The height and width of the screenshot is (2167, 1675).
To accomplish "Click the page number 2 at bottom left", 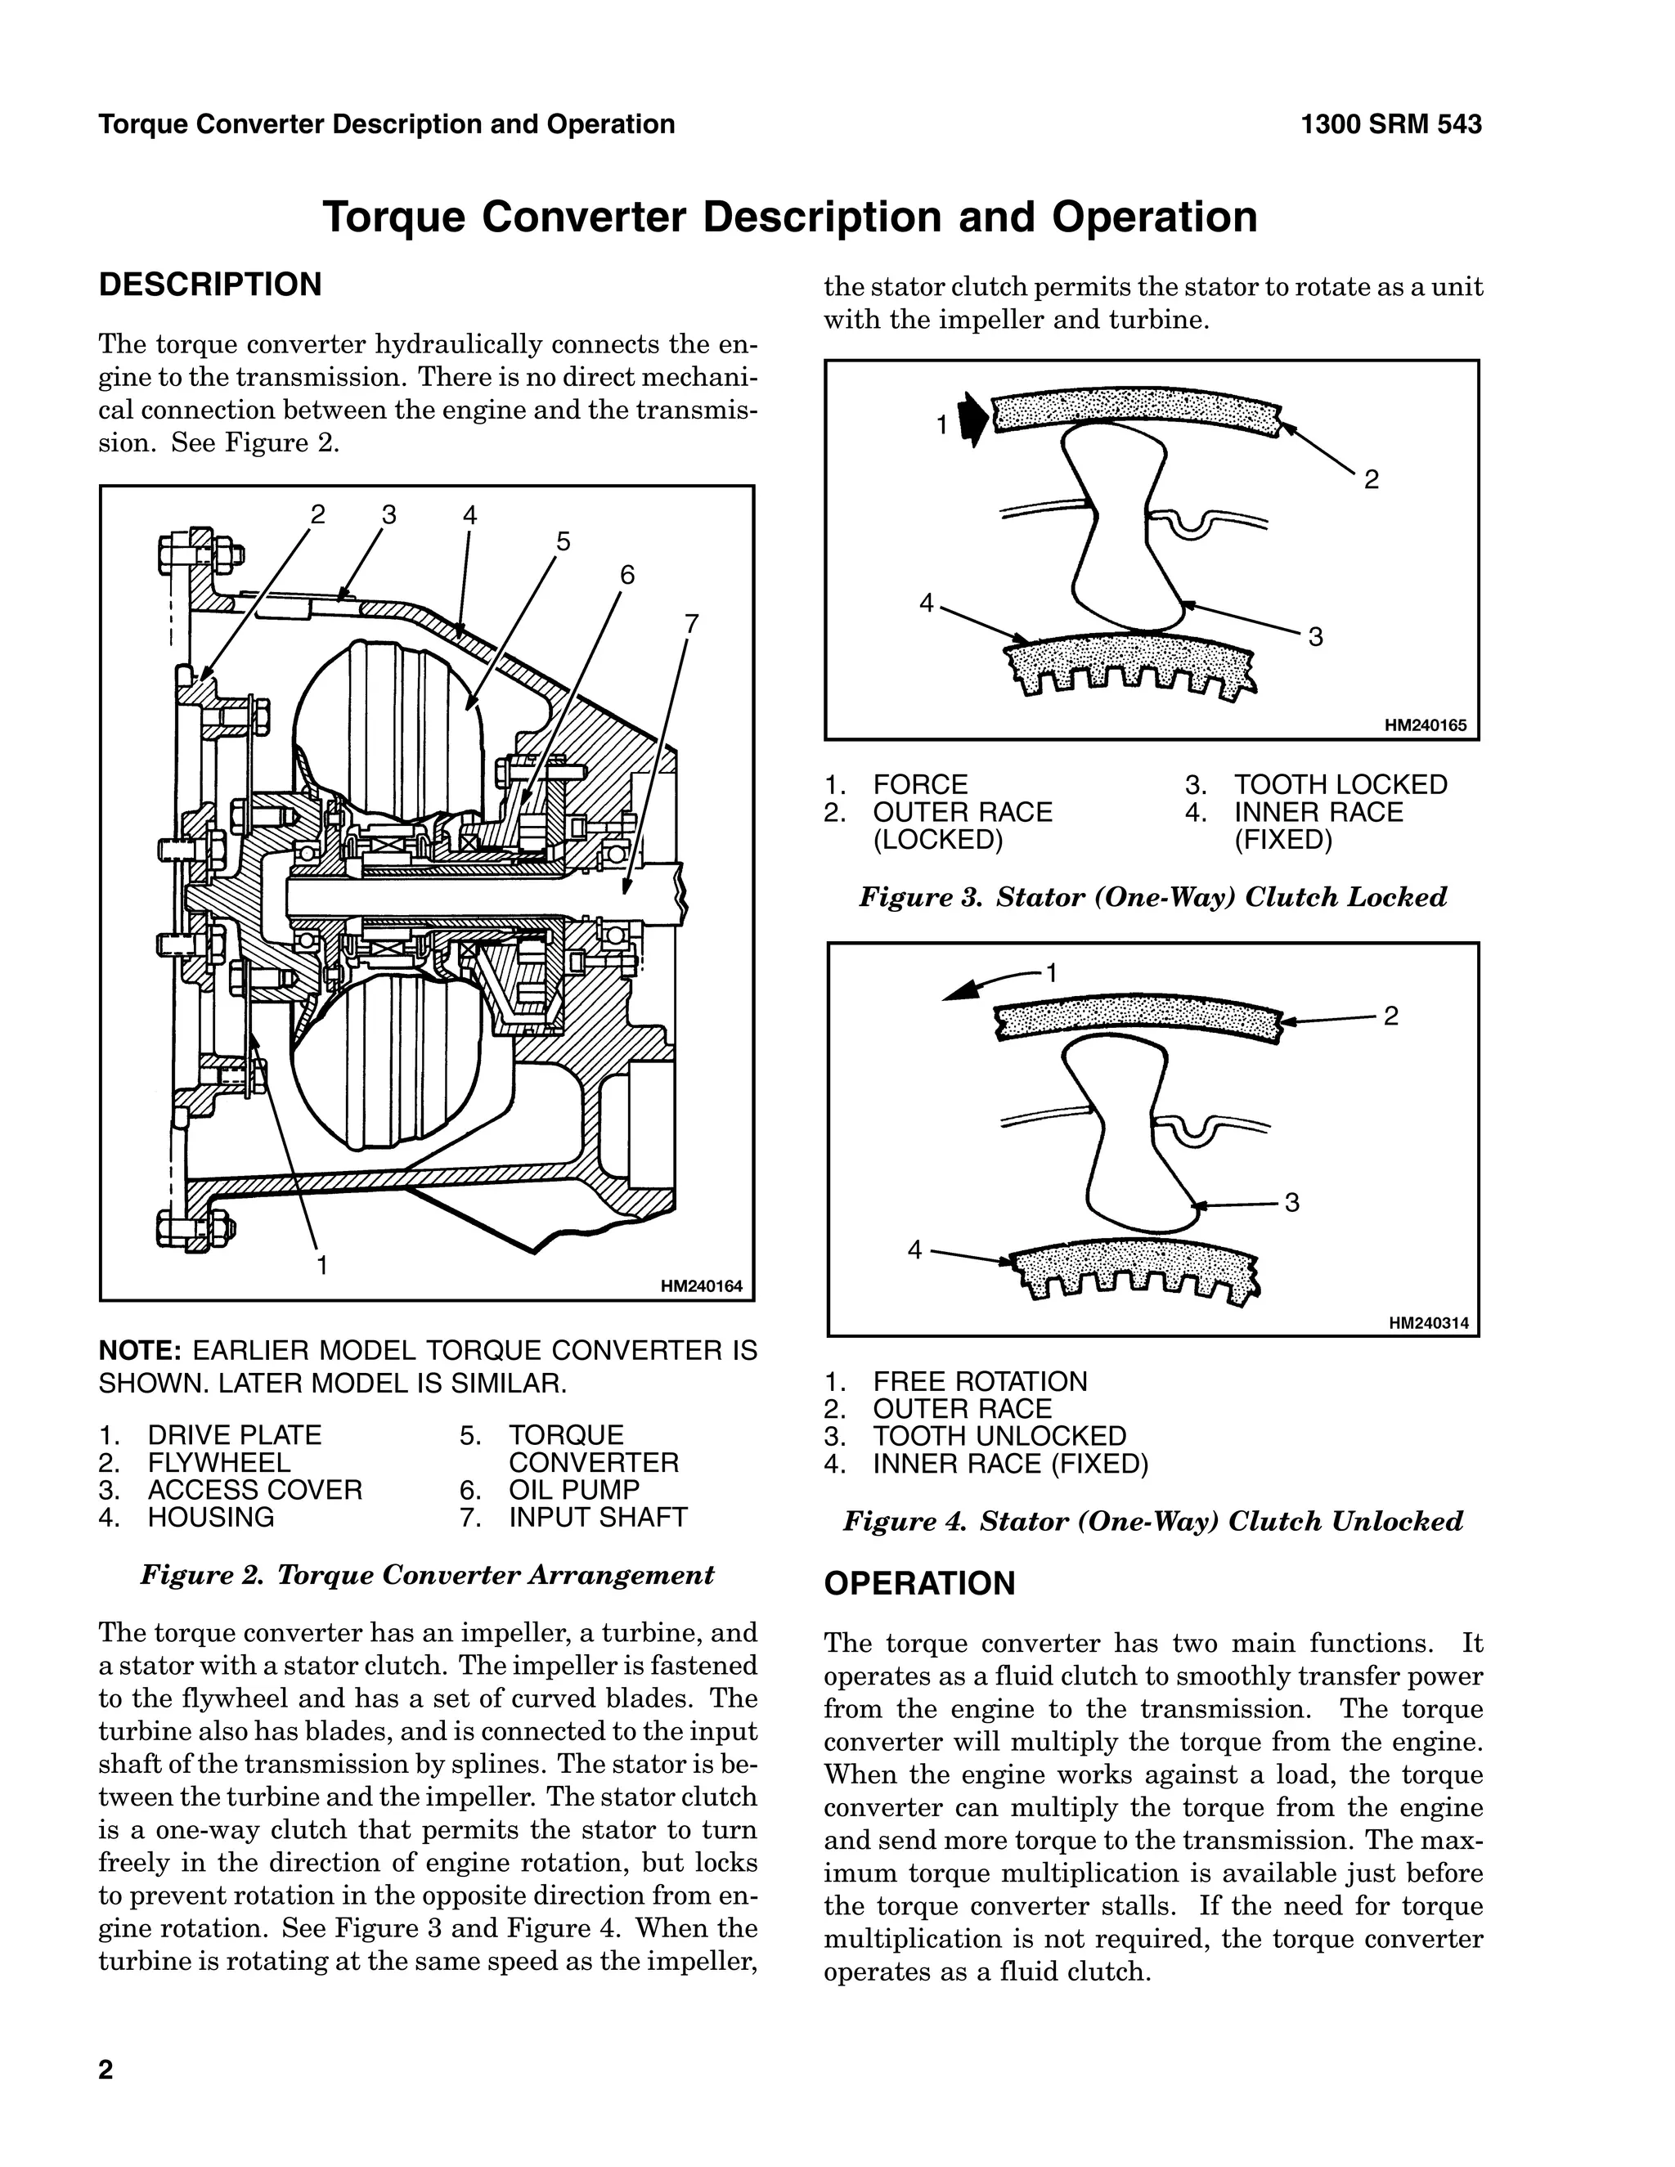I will (x=106, y=2070).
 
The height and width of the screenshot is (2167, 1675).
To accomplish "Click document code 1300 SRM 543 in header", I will (x=1390, y=124).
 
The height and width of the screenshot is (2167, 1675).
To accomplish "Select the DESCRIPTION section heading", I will (x=210, y=285).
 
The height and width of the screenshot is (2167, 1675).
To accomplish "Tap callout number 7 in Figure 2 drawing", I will (x=692, y=624).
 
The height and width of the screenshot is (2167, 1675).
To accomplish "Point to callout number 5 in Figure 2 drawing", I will (x=564, y=541).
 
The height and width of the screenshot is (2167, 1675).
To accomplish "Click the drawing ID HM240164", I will (x=701, y=1287).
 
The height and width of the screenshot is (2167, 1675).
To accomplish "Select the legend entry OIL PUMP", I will (x=573, y=1489).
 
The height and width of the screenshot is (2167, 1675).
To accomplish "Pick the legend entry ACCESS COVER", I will (x=254, y=1489).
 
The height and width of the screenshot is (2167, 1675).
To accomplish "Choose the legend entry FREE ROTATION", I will (x=979, y=1381).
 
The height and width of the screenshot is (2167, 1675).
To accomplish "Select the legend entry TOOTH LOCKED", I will (x=1340, y=785).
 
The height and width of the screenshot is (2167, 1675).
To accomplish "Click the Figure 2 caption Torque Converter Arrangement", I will (x=427, y=1575).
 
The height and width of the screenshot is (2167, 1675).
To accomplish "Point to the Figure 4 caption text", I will (x=1152, y=1521).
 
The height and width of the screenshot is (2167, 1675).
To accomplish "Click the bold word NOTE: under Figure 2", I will (x=139, y=1350).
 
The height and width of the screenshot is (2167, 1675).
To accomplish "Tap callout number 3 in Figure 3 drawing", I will (x=1316, y=637).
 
